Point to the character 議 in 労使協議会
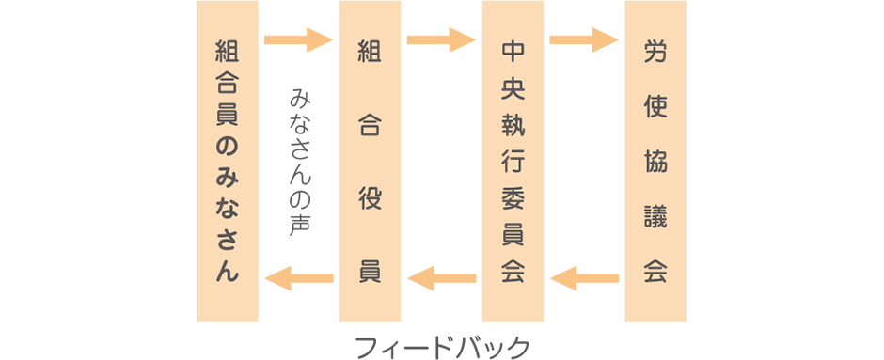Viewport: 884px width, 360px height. click(655, 216)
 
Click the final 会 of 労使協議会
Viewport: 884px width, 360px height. click(655, 271)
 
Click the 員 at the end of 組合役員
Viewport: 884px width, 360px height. click(370, 271)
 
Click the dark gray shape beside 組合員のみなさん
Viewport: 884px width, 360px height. click(299, 158)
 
